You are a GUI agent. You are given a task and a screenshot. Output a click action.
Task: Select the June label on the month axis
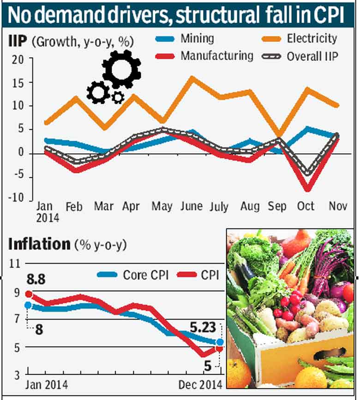191,206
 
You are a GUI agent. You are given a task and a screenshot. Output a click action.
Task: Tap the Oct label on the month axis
306,206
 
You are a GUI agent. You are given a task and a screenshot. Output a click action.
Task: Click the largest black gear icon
121,70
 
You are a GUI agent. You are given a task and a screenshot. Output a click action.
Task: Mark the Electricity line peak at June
192,78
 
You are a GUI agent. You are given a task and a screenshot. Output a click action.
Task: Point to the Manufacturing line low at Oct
306,189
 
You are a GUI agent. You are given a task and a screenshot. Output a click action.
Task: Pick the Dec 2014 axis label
200,384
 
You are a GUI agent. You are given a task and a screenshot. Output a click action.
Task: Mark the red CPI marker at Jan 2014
28,294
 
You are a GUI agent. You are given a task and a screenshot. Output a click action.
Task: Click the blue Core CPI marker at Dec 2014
220,342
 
